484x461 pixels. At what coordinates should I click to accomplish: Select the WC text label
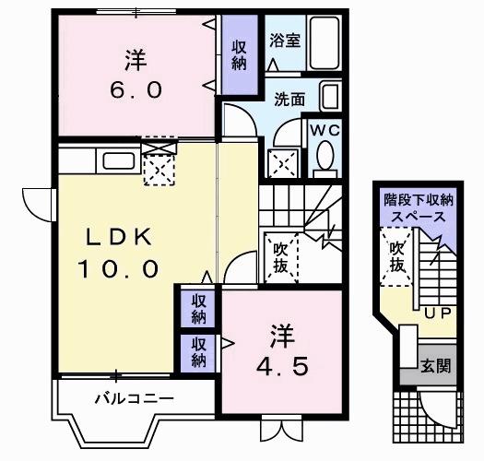[x=324, y=130]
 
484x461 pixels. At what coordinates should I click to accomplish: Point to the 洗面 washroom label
[x=289, y=99]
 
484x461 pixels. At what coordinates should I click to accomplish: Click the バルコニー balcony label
[x=134, y=399]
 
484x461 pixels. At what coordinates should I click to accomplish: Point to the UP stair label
[x=435, y=313]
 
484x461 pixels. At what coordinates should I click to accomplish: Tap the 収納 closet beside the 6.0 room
[x=239, y=54]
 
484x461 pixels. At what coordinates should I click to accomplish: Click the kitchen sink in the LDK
[x=118, y=160]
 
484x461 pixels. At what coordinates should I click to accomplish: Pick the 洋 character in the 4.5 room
[x=282, y=330]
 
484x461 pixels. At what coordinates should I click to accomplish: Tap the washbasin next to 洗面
[x=329, y=96]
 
